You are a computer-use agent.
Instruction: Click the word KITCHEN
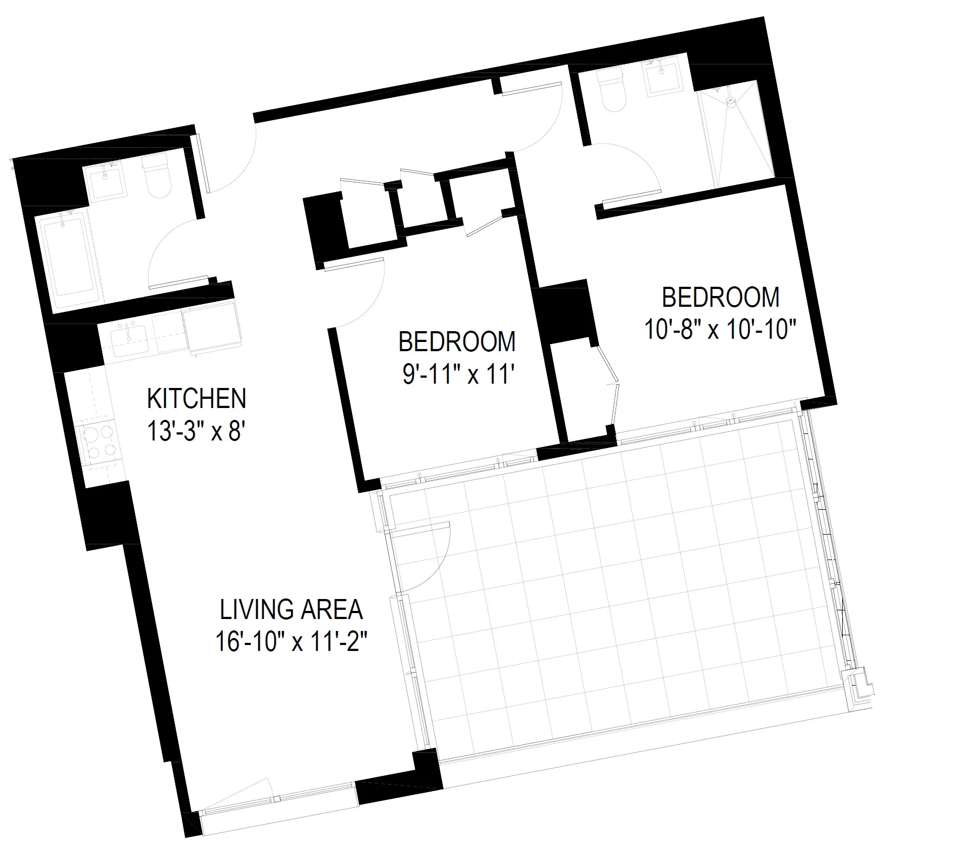(x=196, y=399)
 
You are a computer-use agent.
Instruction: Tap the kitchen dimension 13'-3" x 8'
(x=197, y=431)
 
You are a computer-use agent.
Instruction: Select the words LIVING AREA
(x=291, y=610)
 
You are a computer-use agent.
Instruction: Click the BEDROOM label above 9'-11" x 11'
(x=457, y=341)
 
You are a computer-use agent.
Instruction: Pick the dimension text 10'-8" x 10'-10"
(x=721, y=328)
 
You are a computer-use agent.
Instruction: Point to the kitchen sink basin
(x=130, y=340)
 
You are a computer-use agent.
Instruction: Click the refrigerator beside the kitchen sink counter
(x=211, y=327)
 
